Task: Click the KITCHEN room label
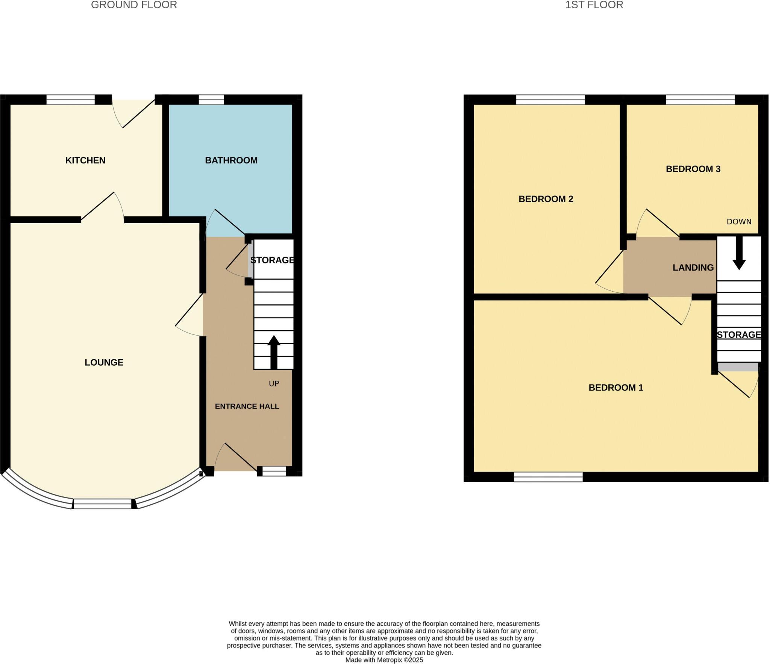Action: (x=85, y=160)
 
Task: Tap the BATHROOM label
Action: (x=231, y=160)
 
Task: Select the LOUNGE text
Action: (x=104, y=362)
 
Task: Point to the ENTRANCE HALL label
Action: (x=247, y=406)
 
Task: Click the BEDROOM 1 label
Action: (x=616, y=387)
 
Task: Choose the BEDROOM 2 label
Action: (x=546, y=199)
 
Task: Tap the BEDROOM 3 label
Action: (x=693, y=169)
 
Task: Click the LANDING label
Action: (x=693, y=268)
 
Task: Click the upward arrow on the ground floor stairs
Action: (x=274, y=351)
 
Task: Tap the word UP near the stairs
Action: (x=274, y=384)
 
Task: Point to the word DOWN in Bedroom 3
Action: (x=739, y=222)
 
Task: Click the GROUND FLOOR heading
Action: (x=134, y=5)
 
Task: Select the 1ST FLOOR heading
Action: (x=594, y=5)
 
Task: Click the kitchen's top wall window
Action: (x=71, y=100)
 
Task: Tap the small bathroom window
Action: (x=211, y=100)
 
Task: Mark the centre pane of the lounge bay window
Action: (x=103, y=504)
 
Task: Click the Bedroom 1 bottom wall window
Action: (x=548, y=477)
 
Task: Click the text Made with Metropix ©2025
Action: (x=384, y=660)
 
